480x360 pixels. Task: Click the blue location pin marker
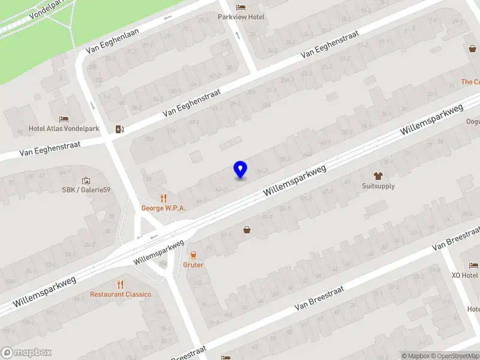(241, 170)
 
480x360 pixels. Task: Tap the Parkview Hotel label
(241, 17)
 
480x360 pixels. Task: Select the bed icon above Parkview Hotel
(241, 7)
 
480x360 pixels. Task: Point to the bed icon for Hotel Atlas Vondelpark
(64, 119)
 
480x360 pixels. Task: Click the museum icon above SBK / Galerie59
(86, 181)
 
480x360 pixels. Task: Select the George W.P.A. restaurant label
(163, 208)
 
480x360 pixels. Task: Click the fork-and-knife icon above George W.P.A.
(163, 198)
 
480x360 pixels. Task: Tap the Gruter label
(193, 265)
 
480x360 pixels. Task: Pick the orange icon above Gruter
(193, 255)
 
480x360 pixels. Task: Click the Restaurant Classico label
(121, 295)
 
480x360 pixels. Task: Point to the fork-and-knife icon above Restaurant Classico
(121, 284)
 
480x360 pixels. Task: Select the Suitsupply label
(378, 186)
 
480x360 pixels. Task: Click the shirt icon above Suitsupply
(378, 176)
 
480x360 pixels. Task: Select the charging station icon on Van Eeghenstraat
(119, 129)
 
